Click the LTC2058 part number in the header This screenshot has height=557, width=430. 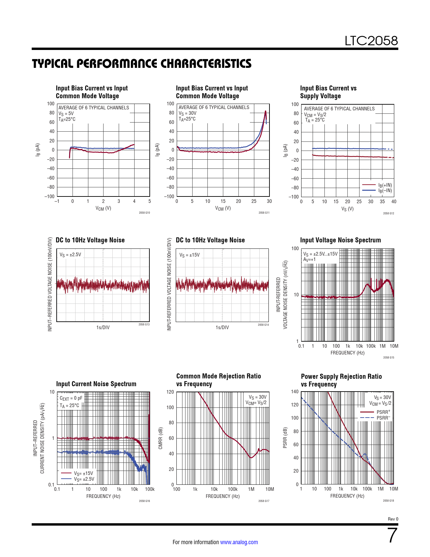point(371,41)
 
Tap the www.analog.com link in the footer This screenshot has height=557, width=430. point(239,542)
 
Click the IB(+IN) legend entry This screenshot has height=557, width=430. point(377,185)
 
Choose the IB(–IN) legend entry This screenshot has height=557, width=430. point(377,190)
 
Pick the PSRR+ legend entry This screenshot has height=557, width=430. point(375,412)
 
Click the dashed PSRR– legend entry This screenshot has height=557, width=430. point(375,418)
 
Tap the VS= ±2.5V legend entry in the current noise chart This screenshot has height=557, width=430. point(78,479)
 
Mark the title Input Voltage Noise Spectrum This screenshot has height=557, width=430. point(340,240)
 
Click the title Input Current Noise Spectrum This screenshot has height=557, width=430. point(96,384)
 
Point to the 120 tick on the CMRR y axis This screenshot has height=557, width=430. point(170,392)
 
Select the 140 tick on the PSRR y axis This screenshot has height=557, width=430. point(295,391)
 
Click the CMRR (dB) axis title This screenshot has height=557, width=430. point(161,438)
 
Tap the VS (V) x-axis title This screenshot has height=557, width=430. point(347,209)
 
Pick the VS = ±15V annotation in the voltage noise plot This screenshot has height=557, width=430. point(189,255)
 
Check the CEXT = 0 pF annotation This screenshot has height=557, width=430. point(71,398)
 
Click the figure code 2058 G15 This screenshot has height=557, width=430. point(389,357)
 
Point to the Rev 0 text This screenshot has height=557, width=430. point(393,519)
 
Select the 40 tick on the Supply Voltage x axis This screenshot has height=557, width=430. point(394,202)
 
